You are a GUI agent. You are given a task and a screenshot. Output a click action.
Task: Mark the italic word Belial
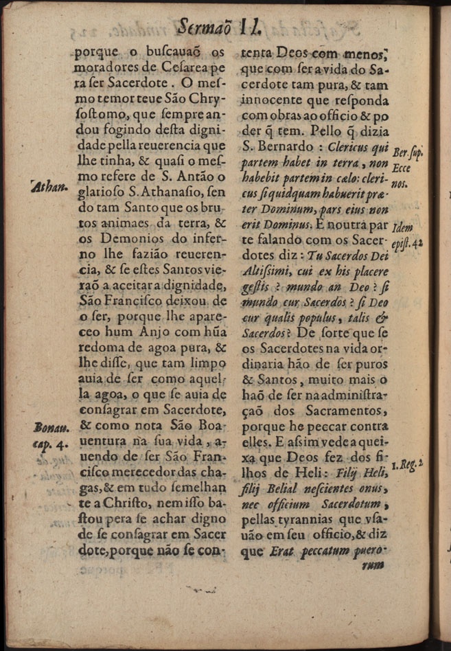[x=293, y=488]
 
